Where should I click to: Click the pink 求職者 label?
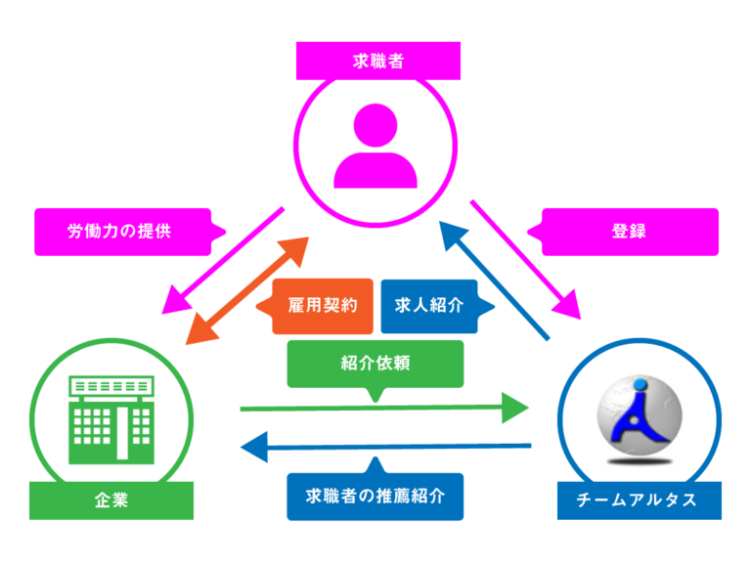coord(378,61)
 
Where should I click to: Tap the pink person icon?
coord(375,146)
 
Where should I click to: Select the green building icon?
coord(111,420)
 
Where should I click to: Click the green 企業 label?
coord(111,501)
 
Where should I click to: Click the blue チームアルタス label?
coord(639,500)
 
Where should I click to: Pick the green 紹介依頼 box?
coord(375,363)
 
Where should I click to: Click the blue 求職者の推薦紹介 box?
coord(375,496)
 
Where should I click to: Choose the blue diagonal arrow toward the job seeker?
coord(494,280)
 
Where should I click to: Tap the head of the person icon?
coord(375,123)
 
